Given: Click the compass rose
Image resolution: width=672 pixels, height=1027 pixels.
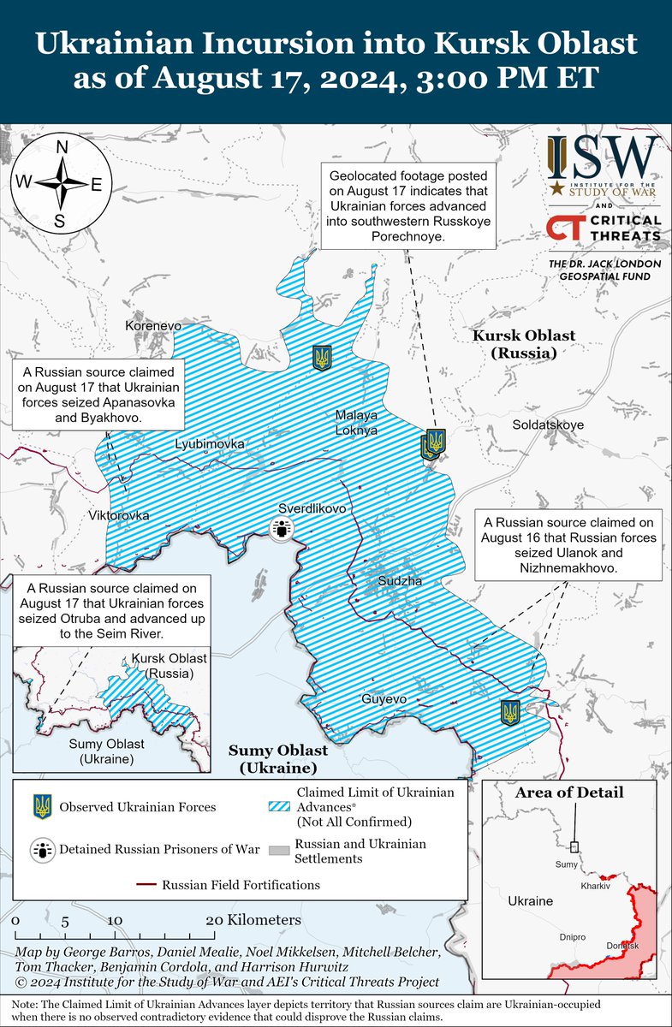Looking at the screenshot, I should (x=61, y=184).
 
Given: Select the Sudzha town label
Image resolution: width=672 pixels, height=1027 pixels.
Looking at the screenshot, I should (x=401, y=582).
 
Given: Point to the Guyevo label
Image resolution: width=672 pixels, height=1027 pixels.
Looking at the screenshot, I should (x=384, y=699).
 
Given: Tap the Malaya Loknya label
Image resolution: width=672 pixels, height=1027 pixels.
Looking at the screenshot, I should (x=356, y=423).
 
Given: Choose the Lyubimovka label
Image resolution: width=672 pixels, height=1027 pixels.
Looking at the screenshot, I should (x=210, y=444).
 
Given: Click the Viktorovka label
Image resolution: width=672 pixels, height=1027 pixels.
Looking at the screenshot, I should (x=119, y=516).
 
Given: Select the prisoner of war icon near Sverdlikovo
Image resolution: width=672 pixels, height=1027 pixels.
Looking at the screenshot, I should (x=281, y=531).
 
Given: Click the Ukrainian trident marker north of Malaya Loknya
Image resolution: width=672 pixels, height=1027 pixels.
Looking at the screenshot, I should (x=322, y=358).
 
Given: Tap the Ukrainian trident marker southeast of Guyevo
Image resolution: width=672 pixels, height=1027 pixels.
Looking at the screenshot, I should (x=510, y=713).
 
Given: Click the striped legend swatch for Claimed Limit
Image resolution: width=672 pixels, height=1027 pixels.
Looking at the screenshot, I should (x=277, y=805).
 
